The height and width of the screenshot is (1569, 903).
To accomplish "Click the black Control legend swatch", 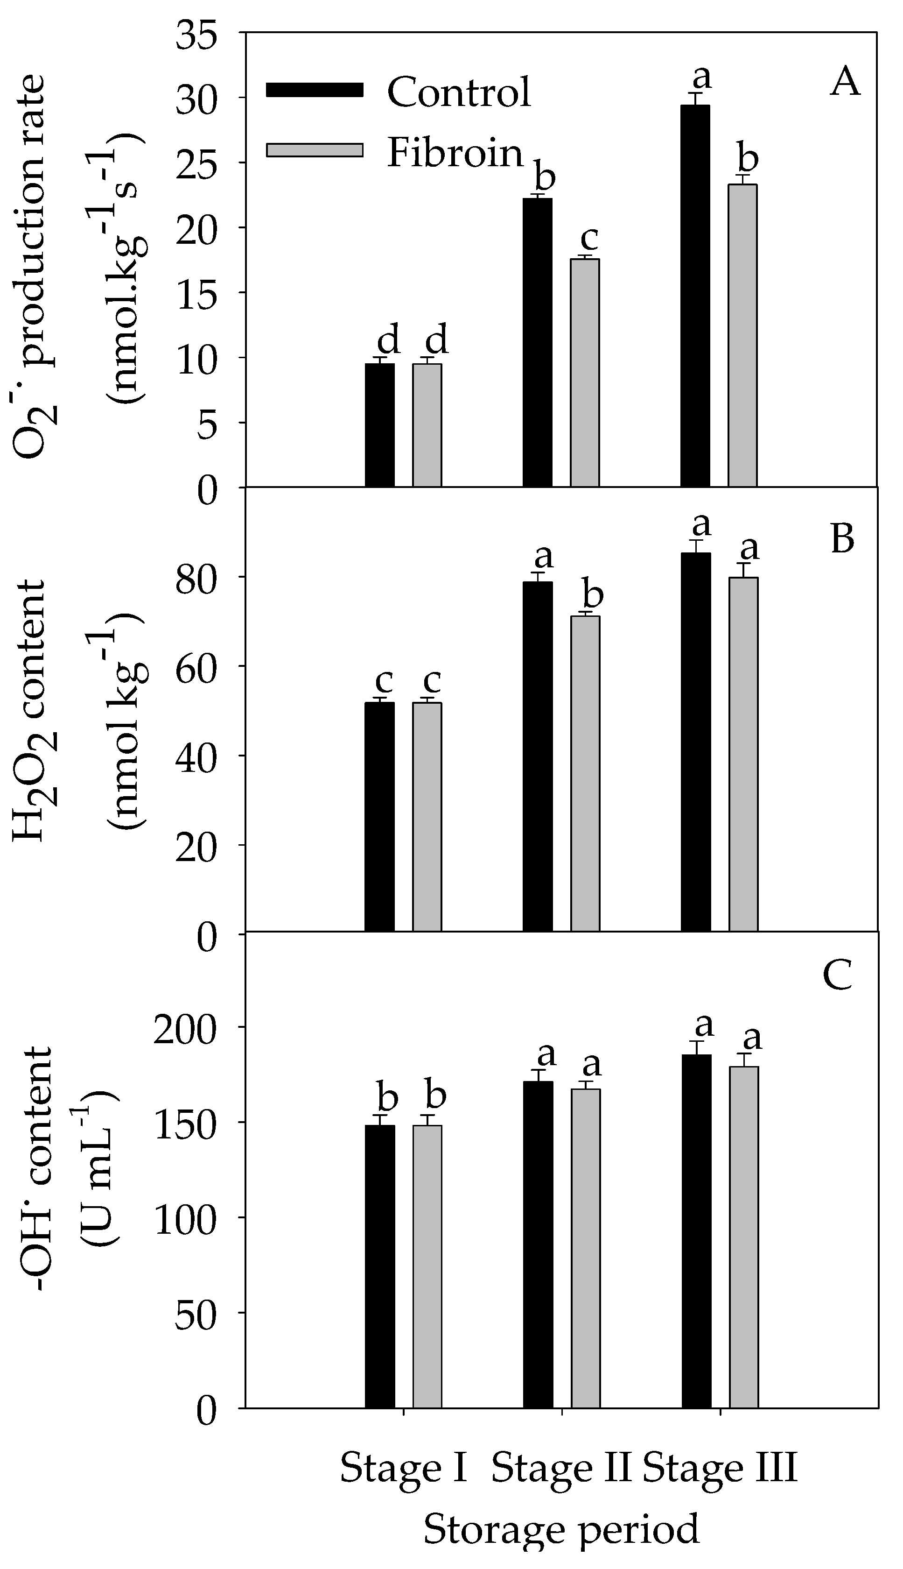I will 315,90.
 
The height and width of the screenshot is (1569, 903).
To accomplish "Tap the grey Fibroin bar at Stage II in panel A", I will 585,372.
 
